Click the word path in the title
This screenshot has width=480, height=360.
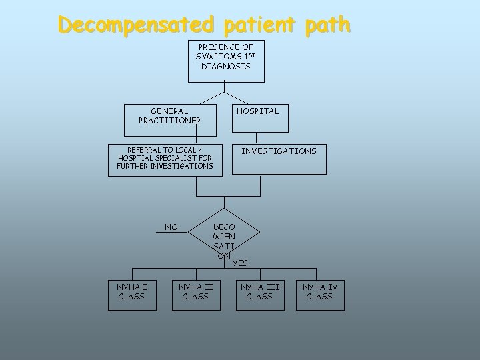point(320,25)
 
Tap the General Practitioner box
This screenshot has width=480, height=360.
point(169,118)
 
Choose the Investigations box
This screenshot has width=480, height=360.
point(279,159)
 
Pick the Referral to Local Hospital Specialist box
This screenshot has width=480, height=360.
point(165,159)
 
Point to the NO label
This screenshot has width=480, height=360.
point(171,227)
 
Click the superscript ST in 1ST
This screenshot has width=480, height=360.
point(247,55)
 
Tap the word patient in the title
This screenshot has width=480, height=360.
point(254,25)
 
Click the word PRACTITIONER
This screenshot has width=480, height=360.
point(169,121)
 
